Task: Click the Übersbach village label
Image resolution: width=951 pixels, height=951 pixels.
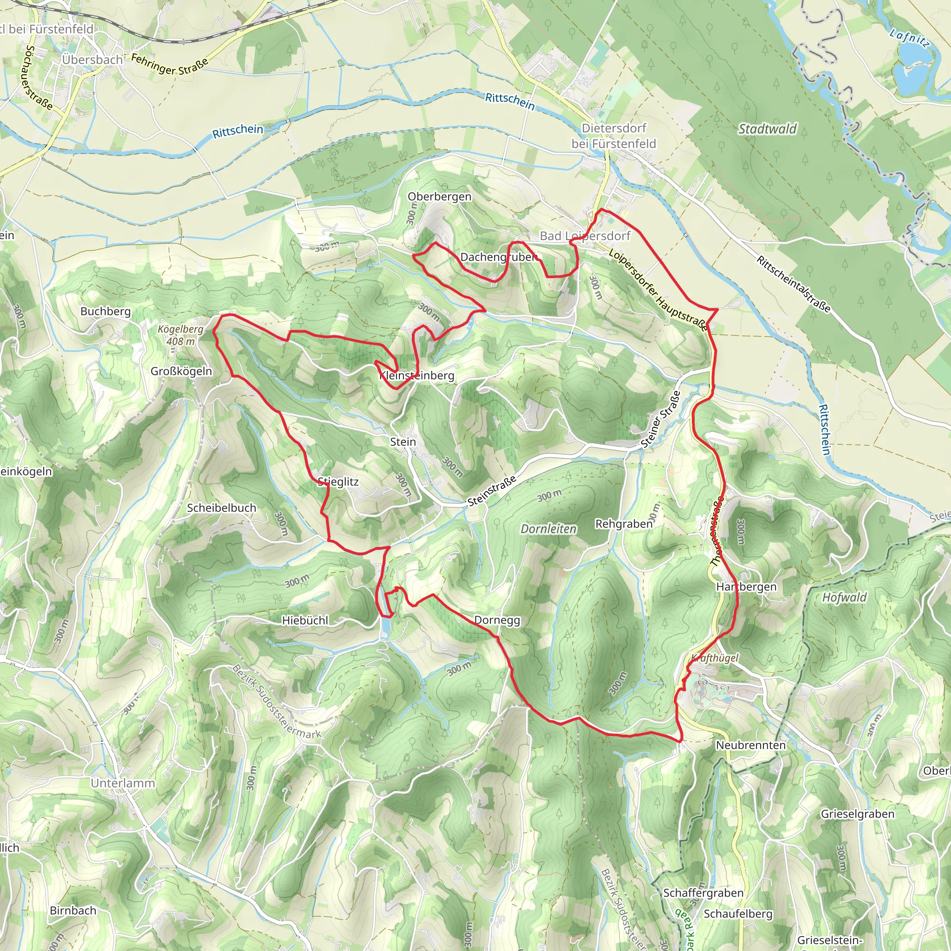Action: (x=92, y=59)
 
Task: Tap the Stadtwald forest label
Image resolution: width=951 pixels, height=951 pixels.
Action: (x=768, y=129)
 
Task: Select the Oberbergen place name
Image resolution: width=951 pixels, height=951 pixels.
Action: (x=439, y=196)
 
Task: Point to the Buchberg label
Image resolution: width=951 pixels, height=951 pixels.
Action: (x=105, y=311)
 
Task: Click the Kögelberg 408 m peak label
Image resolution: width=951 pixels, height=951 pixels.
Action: (x=180, y=335)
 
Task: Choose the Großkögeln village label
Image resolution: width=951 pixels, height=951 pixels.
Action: (x=181, y=371)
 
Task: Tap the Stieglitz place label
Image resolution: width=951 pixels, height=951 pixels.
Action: (x=338, y=482)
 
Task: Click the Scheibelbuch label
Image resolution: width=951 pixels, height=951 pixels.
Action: (x=221, y=508)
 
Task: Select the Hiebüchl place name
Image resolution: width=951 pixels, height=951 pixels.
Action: (x=305, y=620)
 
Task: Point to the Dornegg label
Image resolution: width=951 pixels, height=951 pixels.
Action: (x=497, y=620)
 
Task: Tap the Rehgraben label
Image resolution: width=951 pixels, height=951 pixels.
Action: (x=623, y=524)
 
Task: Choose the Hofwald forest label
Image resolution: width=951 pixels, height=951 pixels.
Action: (x=844, y=597)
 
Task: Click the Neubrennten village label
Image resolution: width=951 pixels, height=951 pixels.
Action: (x=750, y=745)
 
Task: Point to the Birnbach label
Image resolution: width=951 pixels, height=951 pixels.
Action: (x=73, y=910)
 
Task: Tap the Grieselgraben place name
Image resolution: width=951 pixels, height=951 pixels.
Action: (x=857, y=814)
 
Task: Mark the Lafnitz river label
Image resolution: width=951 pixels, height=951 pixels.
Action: (x=910, y=39)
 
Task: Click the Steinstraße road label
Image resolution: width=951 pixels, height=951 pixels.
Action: (x=492, y=491)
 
